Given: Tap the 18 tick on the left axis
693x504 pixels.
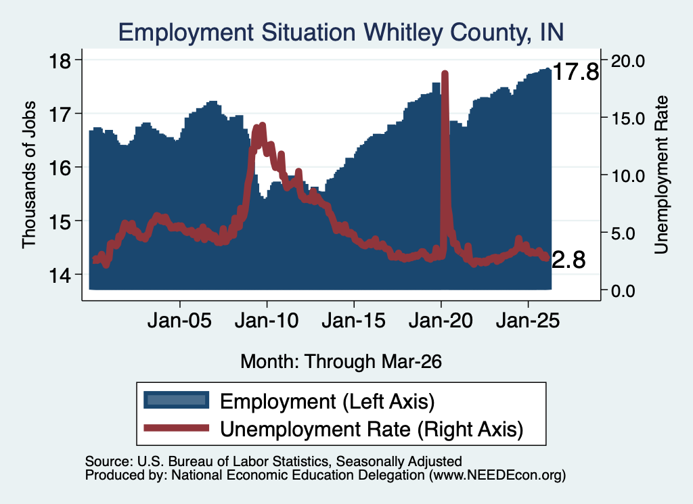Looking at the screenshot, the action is click(x=60, y=60).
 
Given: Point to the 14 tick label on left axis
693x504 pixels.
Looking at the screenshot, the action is click(x=60, y=275).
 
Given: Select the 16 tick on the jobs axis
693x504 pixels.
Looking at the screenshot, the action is click(x=60, y=167).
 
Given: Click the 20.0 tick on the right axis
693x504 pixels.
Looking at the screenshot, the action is click(x=627, y=61).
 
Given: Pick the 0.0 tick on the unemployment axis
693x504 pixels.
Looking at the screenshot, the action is click(x=623, y=291).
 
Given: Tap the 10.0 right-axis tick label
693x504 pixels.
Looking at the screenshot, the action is click(x=627, y=176).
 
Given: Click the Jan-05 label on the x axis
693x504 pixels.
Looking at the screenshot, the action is click(x=179, y=320).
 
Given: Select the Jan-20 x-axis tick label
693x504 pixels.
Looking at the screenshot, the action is click(x=441, y=320).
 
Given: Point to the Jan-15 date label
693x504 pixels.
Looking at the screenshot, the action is click(x=353, y=320).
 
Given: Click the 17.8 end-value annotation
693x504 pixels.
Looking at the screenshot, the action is click(x=576, y=72).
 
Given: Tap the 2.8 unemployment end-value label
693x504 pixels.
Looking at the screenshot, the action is click(x=568, y=260).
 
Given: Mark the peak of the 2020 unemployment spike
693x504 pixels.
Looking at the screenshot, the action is click(x=445, y=73).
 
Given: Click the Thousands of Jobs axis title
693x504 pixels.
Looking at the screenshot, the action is click(x=28, y=175).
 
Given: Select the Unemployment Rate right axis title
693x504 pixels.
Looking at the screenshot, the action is click(x=661, y=175).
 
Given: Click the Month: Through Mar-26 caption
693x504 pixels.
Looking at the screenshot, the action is click(x=341, y=361).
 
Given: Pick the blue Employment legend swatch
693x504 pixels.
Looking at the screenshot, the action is click(x=177, y=400).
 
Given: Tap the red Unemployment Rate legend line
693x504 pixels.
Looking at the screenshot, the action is click(x=177, y=428).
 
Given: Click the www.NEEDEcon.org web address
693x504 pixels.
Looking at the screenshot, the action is click(x=497, y=476).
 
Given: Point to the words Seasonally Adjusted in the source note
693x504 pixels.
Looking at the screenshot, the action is click(x=399, y=461).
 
